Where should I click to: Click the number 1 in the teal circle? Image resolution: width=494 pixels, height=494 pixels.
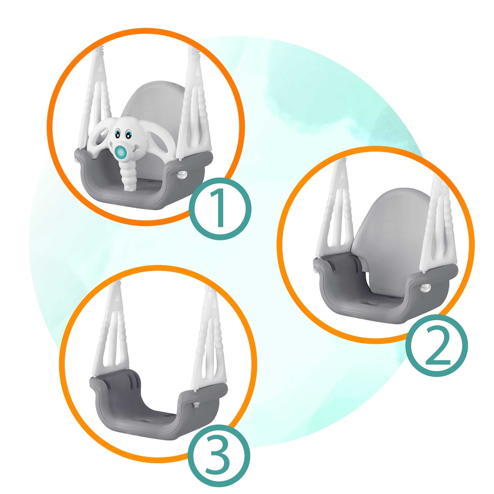(220, 208)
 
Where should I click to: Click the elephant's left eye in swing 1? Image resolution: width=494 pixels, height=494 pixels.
(117, 133)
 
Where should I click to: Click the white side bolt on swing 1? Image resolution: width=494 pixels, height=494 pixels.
(182, 175)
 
